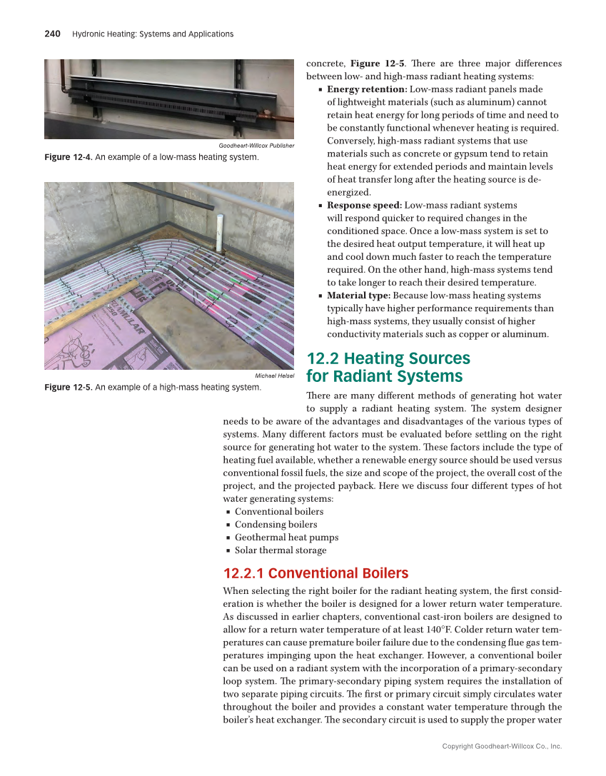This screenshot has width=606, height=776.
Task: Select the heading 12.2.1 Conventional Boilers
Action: (x=315, y=573)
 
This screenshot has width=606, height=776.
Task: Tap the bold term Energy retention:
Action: (x=367, y=89)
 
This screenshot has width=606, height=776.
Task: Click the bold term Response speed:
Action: (x=364, y=205)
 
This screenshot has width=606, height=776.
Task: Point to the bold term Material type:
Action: (x=358, y=295)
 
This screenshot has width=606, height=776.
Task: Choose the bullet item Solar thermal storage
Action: (x=281, y=550)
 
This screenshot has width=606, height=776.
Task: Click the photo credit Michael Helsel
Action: (x=274, y=376)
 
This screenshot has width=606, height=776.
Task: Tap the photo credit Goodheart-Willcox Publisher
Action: (x=256, y=146)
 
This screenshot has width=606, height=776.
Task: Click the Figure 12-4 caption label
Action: (x=68, y=156)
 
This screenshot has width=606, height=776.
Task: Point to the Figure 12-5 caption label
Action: (x=68, y=387)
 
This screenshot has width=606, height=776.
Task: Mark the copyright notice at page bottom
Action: (x=502, y=746)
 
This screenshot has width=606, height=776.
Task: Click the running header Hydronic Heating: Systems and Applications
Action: (x=153, y=34)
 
